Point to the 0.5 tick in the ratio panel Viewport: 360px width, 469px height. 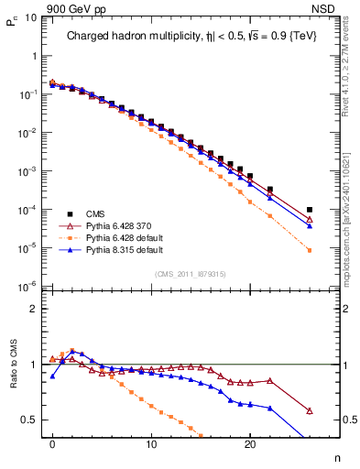pos(30,420)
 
